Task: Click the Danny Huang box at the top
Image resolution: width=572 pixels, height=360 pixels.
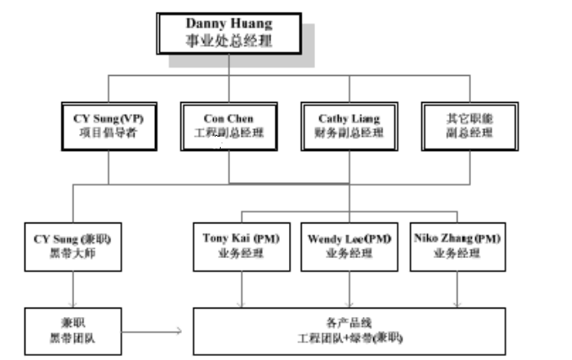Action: pos(227,33)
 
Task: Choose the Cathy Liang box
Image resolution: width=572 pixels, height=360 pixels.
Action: pos(350,126)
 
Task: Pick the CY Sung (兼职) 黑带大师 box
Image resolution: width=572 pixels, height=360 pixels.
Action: pos(74,245)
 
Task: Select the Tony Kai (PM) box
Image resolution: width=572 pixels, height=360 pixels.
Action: pos(242,245)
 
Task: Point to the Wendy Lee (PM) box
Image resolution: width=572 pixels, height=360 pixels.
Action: pos(350,245)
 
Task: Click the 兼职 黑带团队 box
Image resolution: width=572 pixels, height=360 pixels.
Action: pos(74,330)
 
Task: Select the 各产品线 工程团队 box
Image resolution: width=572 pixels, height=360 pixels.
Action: pos(350,330)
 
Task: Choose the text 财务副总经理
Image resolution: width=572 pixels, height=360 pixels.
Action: pos(350,133)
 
